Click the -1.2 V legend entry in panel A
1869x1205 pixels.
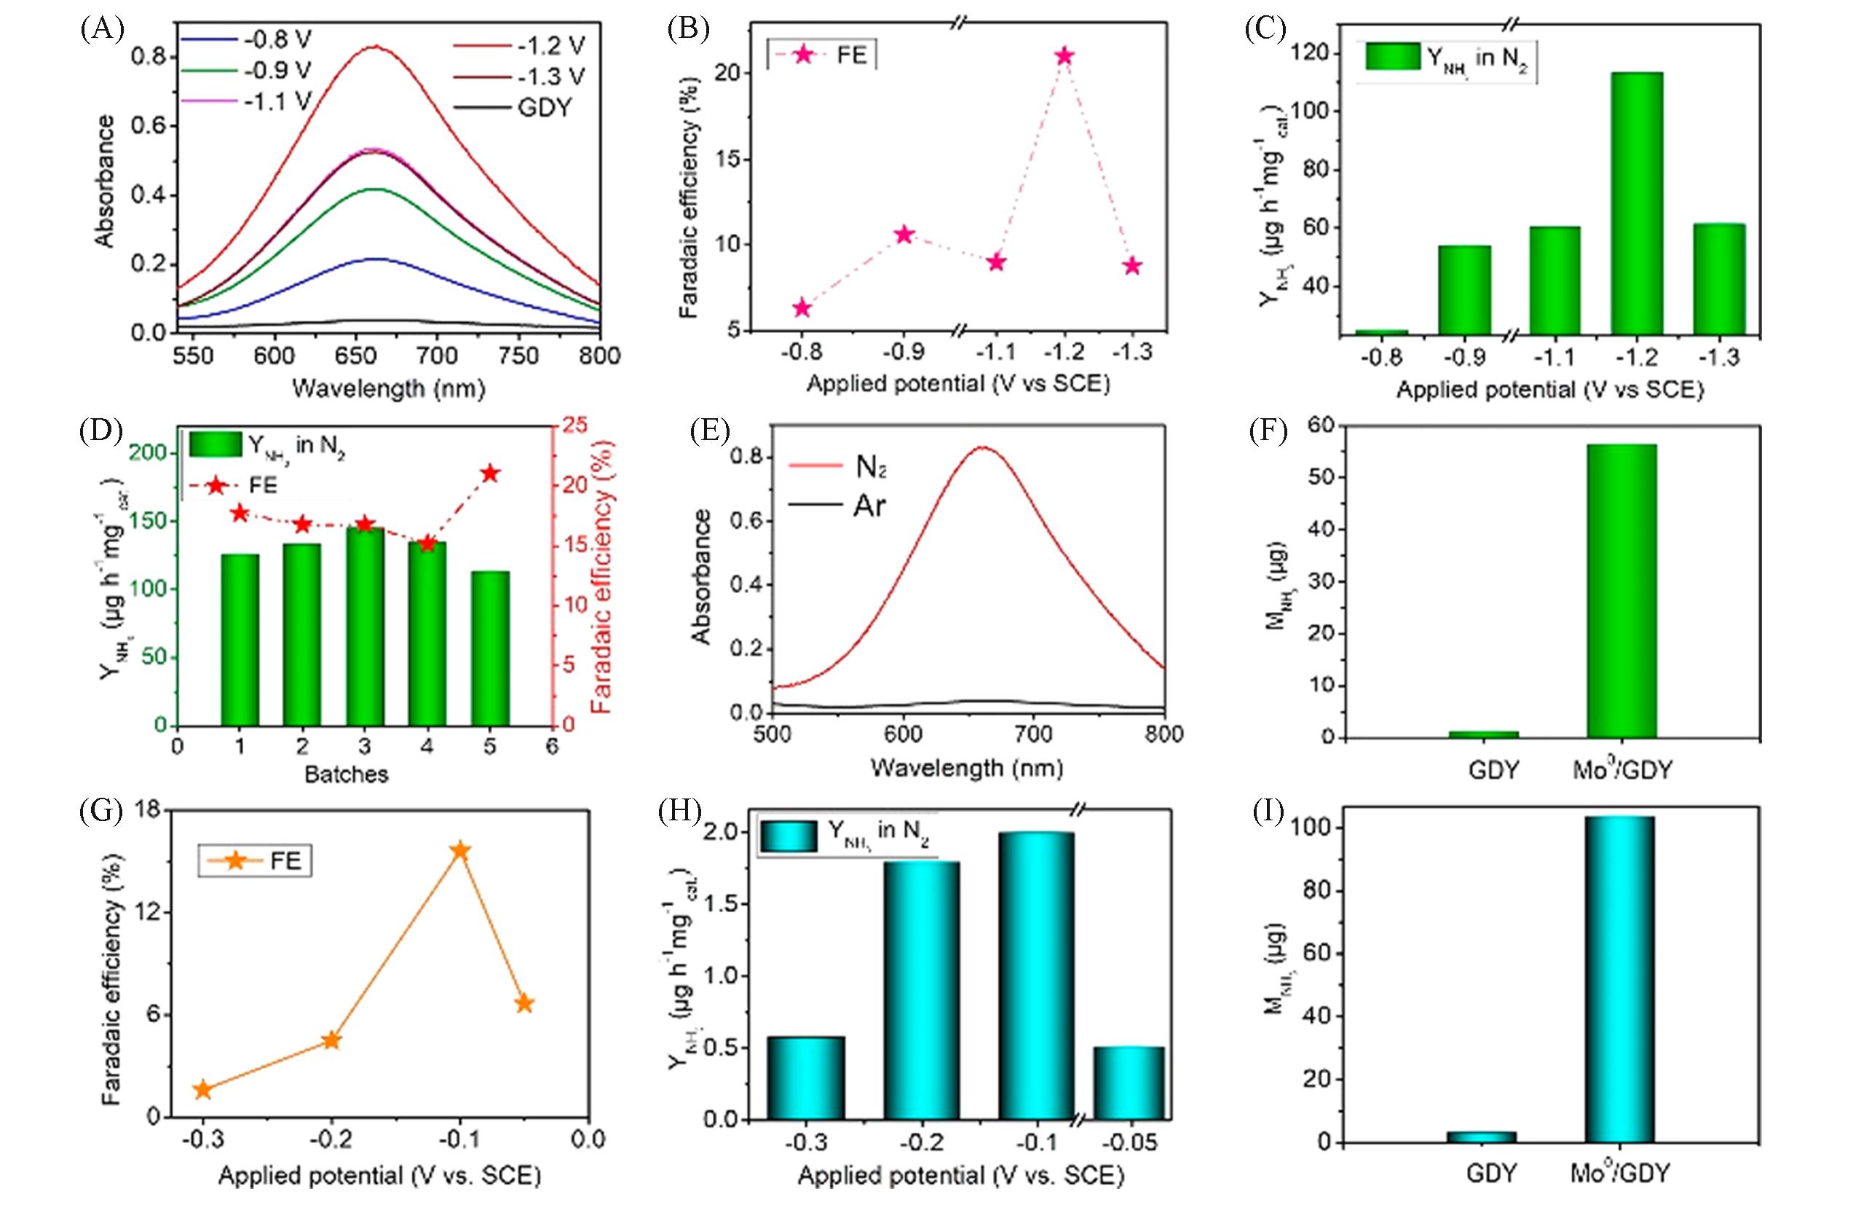520,45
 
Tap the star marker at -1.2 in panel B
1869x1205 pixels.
1064,56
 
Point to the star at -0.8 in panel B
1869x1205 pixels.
802,307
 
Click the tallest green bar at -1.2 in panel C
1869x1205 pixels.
1636,203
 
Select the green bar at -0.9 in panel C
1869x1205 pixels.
1465,289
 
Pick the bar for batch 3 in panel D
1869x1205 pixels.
365,626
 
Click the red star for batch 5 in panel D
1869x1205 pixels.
490,473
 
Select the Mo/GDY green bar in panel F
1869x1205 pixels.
1621,591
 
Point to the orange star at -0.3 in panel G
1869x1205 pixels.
202,1090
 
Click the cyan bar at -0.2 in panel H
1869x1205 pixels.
921,990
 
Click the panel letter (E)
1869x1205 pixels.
710,432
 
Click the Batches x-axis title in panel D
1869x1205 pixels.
347,774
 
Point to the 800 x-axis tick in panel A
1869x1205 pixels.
600,356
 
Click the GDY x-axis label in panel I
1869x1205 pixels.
1491,1173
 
